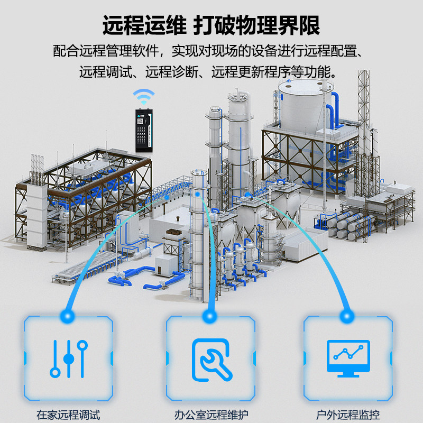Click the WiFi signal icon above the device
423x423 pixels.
click(143, 97)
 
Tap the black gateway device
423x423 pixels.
click(143, 130)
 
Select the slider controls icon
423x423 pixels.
click(68, 358)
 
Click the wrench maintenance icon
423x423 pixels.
click(212, 358)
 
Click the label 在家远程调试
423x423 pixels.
click(68, 415)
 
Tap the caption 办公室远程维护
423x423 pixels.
click(212, 415)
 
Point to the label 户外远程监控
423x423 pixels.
click(348, 415)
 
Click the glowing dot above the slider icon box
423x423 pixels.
click(68, 316)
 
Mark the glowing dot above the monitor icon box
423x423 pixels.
click(348, 316)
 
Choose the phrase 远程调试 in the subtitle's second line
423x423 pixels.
click(103, 71)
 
